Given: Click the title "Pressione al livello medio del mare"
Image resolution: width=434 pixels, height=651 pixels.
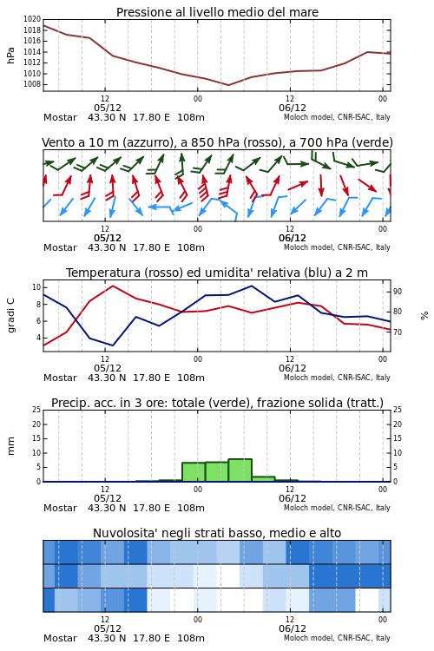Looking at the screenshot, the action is coord(217,12).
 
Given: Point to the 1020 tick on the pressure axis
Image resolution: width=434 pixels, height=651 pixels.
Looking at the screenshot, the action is coord(32,19).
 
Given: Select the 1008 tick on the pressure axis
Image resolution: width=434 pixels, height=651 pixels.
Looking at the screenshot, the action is coord(32,84).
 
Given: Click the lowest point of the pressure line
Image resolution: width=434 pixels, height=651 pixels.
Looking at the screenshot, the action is coord(228,85).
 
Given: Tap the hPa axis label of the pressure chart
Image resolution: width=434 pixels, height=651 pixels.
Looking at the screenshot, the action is coord(10,56).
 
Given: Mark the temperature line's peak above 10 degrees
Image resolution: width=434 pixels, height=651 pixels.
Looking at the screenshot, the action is coord(113,286).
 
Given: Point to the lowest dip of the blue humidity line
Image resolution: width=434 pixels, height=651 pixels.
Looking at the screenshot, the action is coord(113,345).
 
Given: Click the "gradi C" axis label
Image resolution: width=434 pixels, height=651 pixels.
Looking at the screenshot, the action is coord(11,315).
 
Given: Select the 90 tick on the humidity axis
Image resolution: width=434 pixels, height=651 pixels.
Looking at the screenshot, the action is coord(398,292).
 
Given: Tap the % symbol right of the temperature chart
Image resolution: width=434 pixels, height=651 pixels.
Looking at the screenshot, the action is coord(424,316).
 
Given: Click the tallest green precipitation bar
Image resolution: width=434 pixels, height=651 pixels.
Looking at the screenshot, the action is coord(240,470).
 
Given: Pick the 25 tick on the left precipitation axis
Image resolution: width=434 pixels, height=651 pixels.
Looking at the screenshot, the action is coord(36,410).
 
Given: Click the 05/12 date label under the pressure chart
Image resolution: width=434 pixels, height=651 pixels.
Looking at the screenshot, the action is coord(108,108).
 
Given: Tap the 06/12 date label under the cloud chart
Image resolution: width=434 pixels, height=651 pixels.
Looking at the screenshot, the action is coord(293,628).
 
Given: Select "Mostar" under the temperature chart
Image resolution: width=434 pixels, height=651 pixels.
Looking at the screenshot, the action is coord(60,378).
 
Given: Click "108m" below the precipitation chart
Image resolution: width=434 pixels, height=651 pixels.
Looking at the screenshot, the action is coord(191,508).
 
